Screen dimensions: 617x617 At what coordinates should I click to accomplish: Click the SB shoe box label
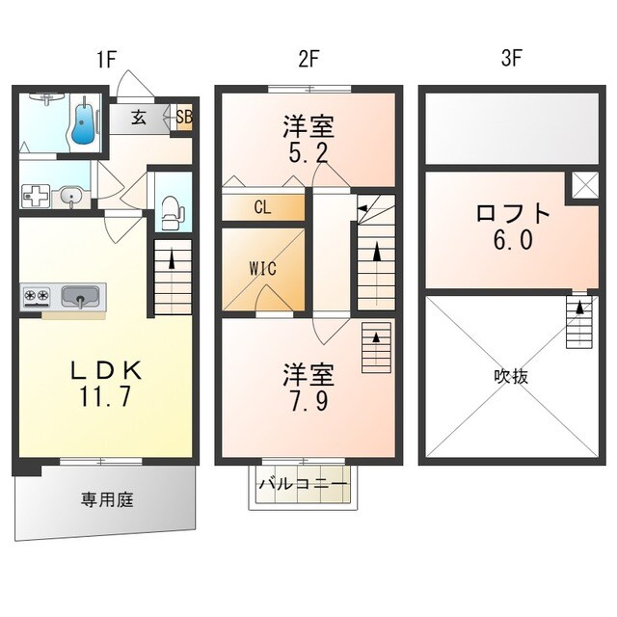[x=182, y=118]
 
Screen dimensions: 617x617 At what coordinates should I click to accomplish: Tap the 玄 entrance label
[x=139, y=118]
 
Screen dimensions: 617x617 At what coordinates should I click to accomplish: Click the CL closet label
[x=262, y=206]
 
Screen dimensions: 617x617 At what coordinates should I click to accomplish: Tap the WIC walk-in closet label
[x=262, y=269]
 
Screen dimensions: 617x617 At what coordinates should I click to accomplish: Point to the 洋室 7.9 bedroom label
[x=308, y=385]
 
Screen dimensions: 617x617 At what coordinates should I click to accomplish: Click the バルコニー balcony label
[x=302, y=484]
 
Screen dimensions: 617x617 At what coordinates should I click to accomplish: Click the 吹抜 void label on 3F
[x=512, y=376]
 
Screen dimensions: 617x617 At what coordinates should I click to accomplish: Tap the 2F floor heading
[x=308, y=58]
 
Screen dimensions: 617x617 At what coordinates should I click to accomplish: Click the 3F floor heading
[x=512, y=58]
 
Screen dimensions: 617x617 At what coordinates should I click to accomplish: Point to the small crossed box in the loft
[x=583, y=185]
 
